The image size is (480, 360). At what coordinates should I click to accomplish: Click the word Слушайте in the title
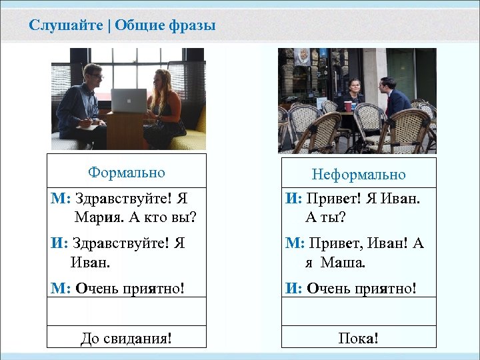click(65, 26)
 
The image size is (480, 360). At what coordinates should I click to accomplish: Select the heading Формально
click(126, 173)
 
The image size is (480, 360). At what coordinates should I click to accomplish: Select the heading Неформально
click(359, 175)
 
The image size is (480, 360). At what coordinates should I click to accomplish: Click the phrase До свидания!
click(126, 338)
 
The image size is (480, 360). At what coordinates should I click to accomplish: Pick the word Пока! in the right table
click(359, 338)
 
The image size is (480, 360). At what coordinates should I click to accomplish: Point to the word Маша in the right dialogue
click(343, 262)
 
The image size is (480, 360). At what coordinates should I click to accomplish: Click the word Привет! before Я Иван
click(331, 198)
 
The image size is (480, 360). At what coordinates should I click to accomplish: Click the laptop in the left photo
click(129, 101)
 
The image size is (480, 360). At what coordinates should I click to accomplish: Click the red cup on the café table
click(347, 106)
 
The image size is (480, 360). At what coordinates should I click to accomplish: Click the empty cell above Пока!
click(359, 312)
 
